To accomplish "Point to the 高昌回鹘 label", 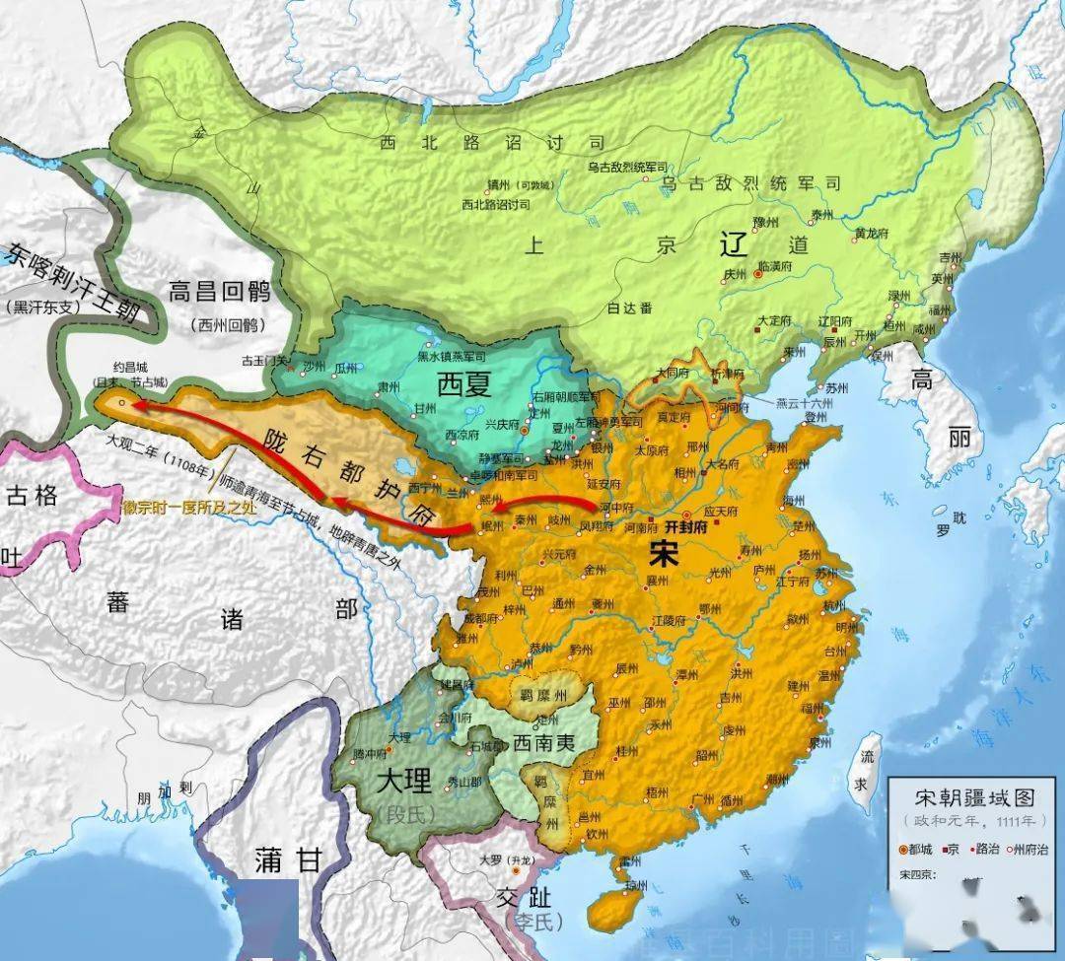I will click(x=220, y=293).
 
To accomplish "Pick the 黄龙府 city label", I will click(x=873, y=234).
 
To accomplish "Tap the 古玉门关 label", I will click(x=265, y=361).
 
